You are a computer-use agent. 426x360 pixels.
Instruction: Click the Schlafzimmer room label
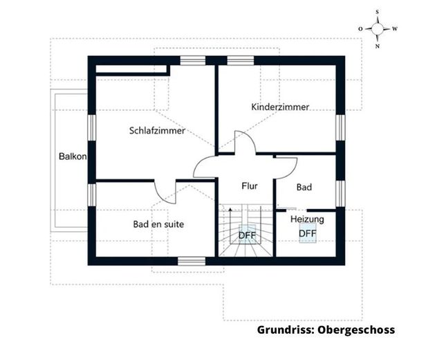157,130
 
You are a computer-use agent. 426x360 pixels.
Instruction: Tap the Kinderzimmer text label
280,107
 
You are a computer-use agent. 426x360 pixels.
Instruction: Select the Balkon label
73,156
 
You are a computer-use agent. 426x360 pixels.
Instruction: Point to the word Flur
250,186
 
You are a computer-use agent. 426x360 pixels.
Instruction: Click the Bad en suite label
158,224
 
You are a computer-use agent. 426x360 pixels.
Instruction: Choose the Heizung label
307,219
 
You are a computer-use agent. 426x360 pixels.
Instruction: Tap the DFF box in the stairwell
247,235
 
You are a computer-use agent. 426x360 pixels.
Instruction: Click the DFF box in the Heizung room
308,233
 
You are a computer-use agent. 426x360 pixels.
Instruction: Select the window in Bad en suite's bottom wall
192,260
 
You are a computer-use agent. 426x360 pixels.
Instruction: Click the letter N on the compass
378,46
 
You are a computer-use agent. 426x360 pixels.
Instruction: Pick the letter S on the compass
378,12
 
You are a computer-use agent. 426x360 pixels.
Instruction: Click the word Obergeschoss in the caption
356,330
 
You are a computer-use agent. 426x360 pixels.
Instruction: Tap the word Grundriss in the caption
285,330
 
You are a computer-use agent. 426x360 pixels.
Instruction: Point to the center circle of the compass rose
378,29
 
